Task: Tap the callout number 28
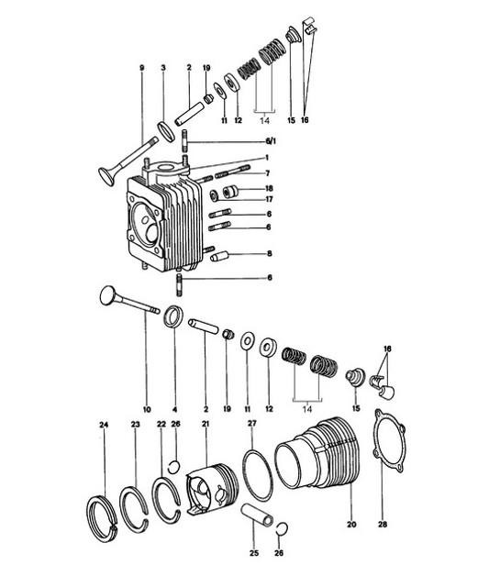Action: pyautogui.click(x=383, y=526)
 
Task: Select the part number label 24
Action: pyautogui.click(x=104, y=424)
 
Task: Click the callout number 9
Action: pyautogui.click(x=141, y=68)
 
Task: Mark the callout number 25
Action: pyautogui.click(x=254, y=552)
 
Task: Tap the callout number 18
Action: pyautogui.click(x=269, y=187)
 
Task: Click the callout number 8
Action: pyautogui.click(x=269, y=252)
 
